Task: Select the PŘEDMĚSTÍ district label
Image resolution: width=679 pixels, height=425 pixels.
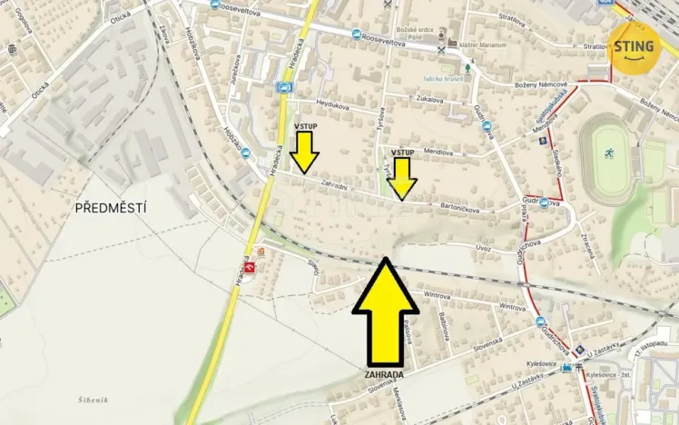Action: (x=111, y=208)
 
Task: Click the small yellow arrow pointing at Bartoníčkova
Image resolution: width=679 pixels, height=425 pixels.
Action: (x=402, y=178)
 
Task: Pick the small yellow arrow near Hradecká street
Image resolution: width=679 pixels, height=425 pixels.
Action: (x=305, y=151)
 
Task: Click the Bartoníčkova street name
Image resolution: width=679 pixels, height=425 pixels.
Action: (x=463, y=206)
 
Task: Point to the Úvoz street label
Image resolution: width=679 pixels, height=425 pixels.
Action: (x=483, y=247)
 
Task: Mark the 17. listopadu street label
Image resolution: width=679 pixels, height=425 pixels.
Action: (x=654, y=351)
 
